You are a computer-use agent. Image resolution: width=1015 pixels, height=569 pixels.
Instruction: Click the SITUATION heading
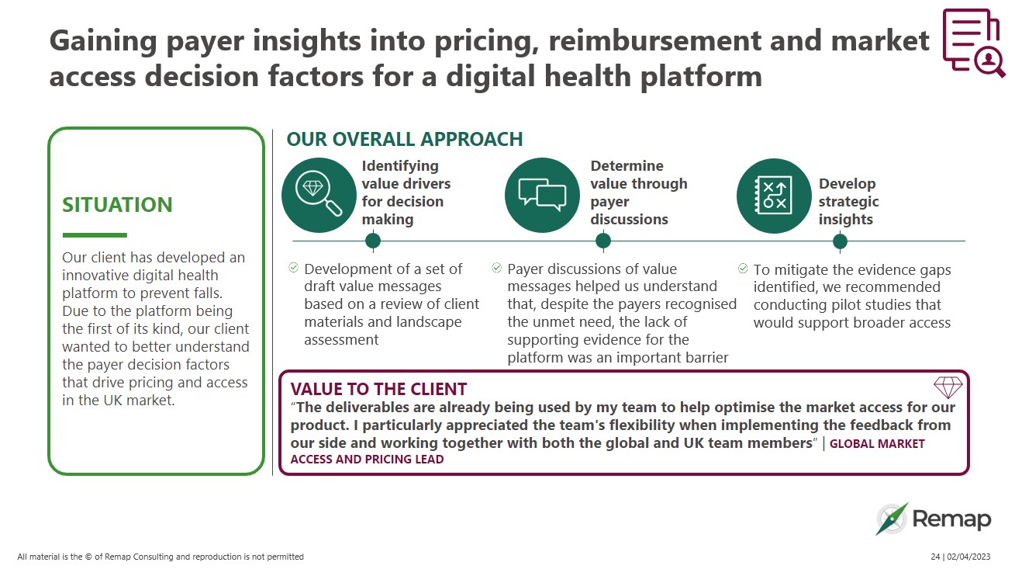(x=117, y=205)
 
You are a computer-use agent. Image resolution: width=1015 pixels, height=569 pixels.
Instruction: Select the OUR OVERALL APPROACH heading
(x=405, y=139)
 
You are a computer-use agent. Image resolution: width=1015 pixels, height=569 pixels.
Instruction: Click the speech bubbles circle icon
(x=542, y=196)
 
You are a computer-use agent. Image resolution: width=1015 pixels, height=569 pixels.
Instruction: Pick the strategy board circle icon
(x=773, y=196)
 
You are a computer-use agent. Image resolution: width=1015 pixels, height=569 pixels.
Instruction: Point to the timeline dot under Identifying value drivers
(x=373, y=241)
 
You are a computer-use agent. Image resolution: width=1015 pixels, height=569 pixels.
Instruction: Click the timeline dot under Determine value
(x=603, y=241)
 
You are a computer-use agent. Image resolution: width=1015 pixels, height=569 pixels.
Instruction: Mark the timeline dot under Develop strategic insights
(x=840, y=241)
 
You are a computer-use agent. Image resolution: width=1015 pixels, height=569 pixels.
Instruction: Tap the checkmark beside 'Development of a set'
(x=294, y=268)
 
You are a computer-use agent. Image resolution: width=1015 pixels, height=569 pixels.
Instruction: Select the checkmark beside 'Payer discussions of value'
(x=497, y=268)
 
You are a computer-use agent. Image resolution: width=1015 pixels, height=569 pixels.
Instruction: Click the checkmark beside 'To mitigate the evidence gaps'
(x=744, y=269)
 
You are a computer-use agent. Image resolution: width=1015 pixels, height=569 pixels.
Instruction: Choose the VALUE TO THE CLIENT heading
(x=378, y=389)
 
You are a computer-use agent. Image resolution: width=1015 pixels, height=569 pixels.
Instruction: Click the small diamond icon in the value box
(x=948, y=387)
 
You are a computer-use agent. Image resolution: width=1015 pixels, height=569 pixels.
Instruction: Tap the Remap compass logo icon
(x=892, y=519)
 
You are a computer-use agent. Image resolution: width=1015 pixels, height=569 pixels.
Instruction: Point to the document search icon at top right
(x=972, y=43)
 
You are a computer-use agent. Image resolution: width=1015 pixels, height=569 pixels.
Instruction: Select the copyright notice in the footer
(x=161, y=557)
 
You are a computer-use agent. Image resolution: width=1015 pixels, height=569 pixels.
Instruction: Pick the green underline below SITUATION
(x=94, y=234)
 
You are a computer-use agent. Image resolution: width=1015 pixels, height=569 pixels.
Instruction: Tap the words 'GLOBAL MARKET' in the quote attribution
(x=878, y=444)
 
